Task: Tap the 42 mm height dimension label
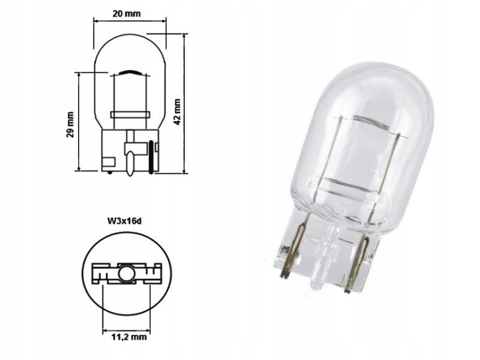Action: tap(176, 112)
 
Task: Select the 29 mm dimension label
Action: tap(70, 124)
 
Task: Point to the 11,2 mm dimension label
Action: tap(129, 337)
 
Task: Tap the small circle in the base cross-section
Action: tap(127, 274)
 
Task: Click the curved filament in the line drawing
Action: tap(131, 73)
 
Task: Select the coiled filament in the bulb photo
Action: tap(370, 123)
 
